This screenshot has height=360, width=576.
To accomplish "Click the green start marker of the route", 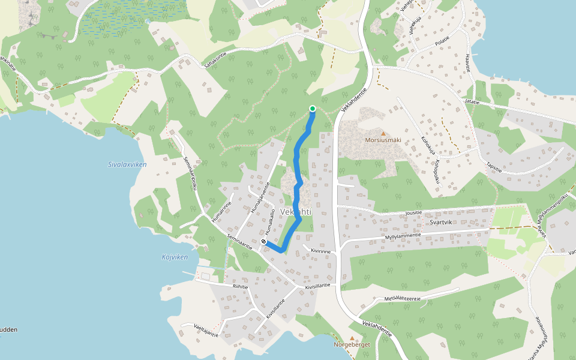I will coord(313,108).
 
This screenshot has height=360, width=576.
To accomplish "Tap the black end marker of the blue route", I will coord(263,241).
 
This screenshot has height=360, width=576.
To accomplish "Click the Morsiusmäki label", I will coord(383,141).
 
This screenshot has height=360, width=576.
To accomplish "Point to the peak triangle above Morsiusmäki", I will coord(383,133).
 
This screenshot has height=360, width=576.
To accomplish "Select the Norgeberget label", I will coord(352,345).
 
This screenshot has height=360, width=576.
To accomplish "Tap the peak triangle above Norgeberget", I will coord(352,338).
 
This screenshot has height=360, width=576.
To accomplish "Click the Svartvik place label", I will coord(445,222).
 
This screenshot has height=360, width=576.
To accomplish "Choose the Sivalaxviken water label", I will coord(127,164).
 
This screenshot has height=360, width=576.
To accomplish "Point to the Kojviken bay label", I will coord(175,257).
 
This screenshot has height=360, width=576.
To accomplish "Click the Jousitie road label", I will coord(414,212).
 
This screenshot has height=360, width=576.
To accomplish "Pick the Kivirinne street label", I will coord(320,251).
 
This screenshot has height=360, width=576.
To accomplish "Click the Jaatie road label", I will coord(472,102).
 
